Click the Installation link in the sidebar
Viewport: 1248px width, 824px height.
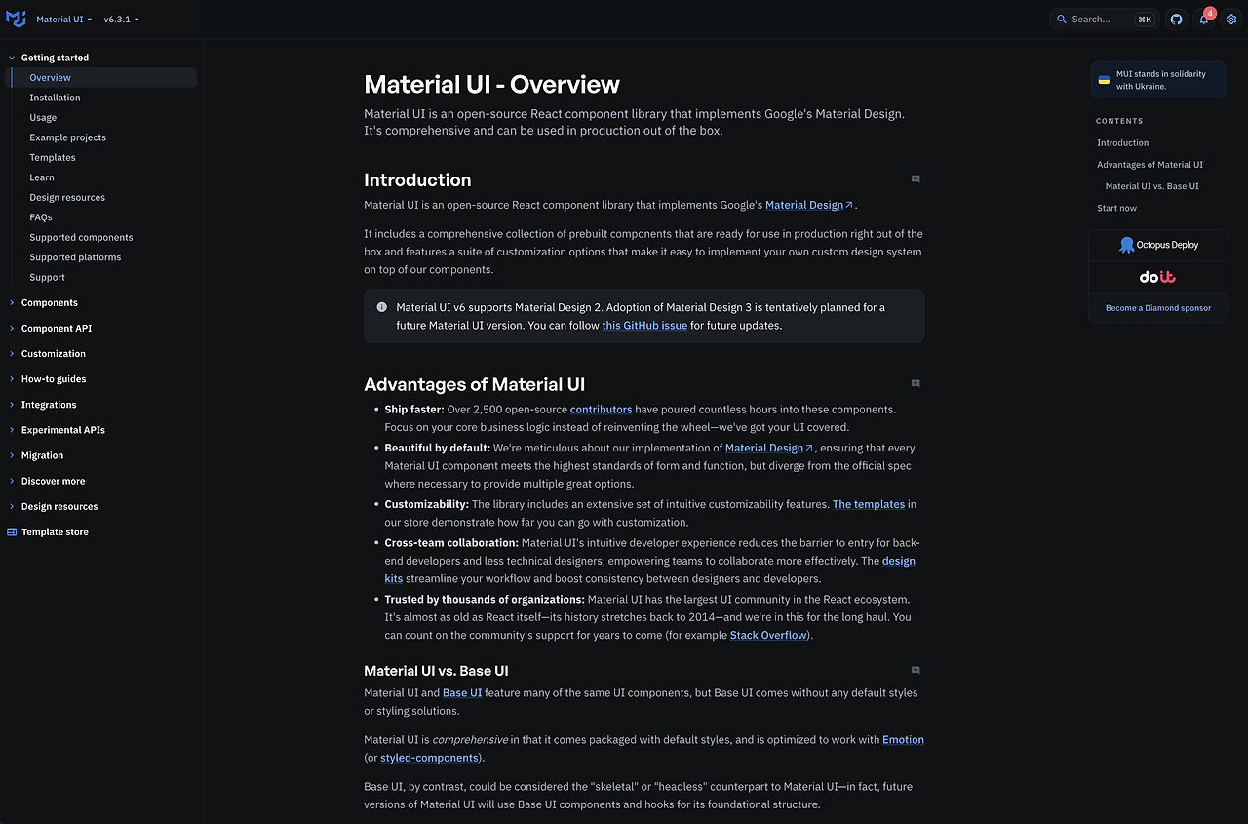(x=55, y=98)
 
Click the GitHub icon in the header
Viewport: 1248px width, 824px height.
(x=1177, y=20)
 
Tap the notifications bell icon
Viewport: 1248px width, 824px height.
(x=1204, y=20)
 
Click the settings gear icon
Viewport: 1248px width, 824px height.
(x=1231, y=20)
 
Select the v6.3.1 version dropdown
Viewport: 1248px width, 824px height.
(x=121, y=20)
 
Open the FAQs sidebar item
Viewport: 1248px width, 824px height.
(x=41, y=217)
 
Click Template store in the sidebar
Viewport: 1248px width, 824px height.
(x=55, y=532)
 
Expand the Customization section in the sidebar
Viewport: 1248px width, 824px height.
(x=53, y=354)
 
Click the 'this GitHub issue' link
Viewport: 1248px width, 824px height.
(x=644, y=326)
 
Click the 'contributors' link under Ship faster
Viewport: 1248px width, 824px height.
(x=601, y=410)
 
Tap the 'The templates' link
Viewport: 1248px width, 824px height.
(x=868, y=504)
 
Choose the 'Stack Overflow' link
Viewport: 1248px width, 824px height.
(x=768, y=636)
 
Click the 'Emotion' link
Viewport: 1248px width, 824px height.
(x=903, y=740)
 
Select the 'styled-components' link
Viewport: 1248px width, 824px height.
(x=429, y=758)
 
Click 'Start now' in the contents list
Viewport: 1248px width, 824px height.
(x=1116, y=208)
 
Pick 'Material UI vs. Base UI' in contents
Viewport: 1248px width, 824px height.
(x=1151, y=186)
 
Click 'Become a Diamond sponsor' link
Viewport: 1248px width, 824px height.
(x=1158, y=308)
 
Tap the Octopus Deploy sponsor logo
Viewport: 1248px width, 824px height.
(x=1158, y=245)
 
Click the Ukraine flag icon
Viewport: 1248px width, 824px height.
(x=1104, y=80)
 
